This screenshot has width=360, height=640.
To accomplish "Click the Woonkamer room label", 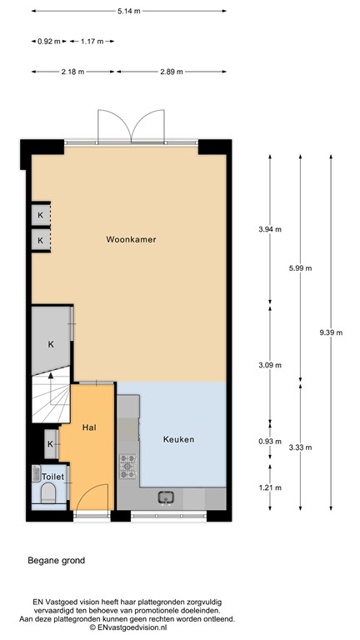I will [x=132, y=240].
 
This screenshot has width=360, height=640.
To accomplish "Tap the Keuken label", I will [x=179, y=439].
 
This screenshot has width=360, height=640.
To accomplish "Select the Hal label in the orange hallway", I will [x=91, y=427].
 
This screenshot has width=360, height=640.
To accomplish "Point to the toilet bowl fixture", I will [x=47, y=497].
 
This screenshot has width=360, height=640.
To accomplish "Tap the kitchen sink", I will [x=167, y=497].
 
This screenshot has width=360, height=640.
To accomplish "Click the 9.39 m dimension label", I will [x=331, y=332].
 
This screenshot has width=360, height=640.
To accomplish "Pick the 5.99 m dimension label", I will [x=300, y=267].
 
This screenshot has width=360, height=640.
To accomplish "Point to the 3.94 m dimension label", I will [x=269, y=228].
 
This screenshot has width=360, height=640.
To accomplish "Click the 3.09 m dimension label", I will [x=269, y=364].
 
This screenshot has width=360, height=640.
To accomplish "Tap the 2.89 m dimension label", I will [x=172, y=72].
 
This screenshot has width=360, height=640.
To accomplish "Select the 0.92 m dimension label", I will [x=49, y=41].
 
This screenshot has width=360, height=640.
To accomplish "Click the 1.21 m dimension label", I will [x=269, y=487].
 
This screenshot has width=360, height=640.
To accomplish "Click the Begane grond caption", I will [x=55, y=561].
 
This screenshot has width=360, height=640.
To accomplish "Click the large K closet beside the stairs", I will [x=51, y=343].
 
